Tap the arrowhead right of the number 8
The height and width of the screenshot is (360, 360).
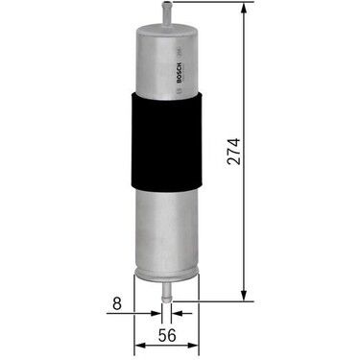point(153,312)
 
